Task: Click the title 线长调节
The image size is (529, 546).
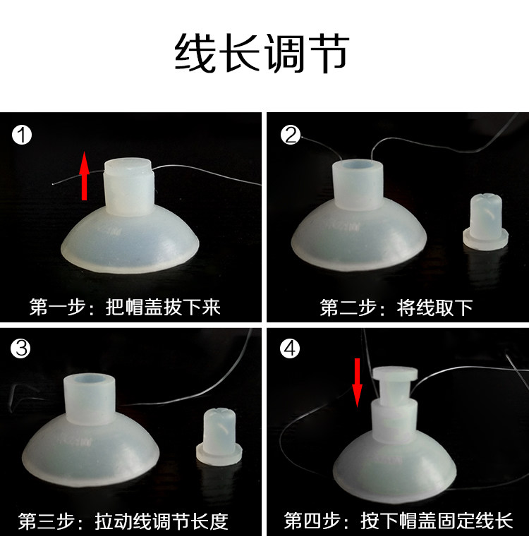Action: click(262, 54)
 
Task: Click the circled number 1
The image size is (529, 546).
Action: click(22, 135)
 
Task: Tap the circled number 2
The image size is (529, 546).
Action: click(290, 135)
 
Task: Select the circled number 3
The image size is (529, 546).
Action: click(20, 348)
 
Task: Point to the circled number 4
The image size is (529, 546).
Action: click(290, 348)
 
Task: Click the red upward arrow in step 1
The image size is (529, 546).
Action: click(84, 176)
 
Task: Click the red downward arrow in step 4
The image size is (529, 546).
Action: click(357, 382)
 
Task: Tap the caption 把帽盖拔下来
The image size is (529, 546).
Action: click(163, 307)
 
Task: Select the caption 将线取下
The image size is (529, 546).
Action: click(434, 308)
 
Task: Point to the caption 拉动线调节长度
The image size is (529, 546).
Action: click(162, 521)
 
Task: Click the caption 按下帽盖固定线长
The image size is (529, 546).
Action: click(437, 521)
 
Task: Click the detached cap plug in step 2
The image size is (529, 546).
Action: click(485, 222)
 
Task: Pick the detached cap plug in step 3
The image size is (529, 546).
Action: click(219, 436)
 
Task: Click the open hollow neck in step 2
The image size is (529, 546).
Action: click(358, 185)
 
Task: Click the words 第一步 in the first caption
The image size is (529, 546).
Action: click(57, 307)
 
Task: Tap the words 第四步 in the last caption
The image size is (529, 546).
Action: click(312, 521)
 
